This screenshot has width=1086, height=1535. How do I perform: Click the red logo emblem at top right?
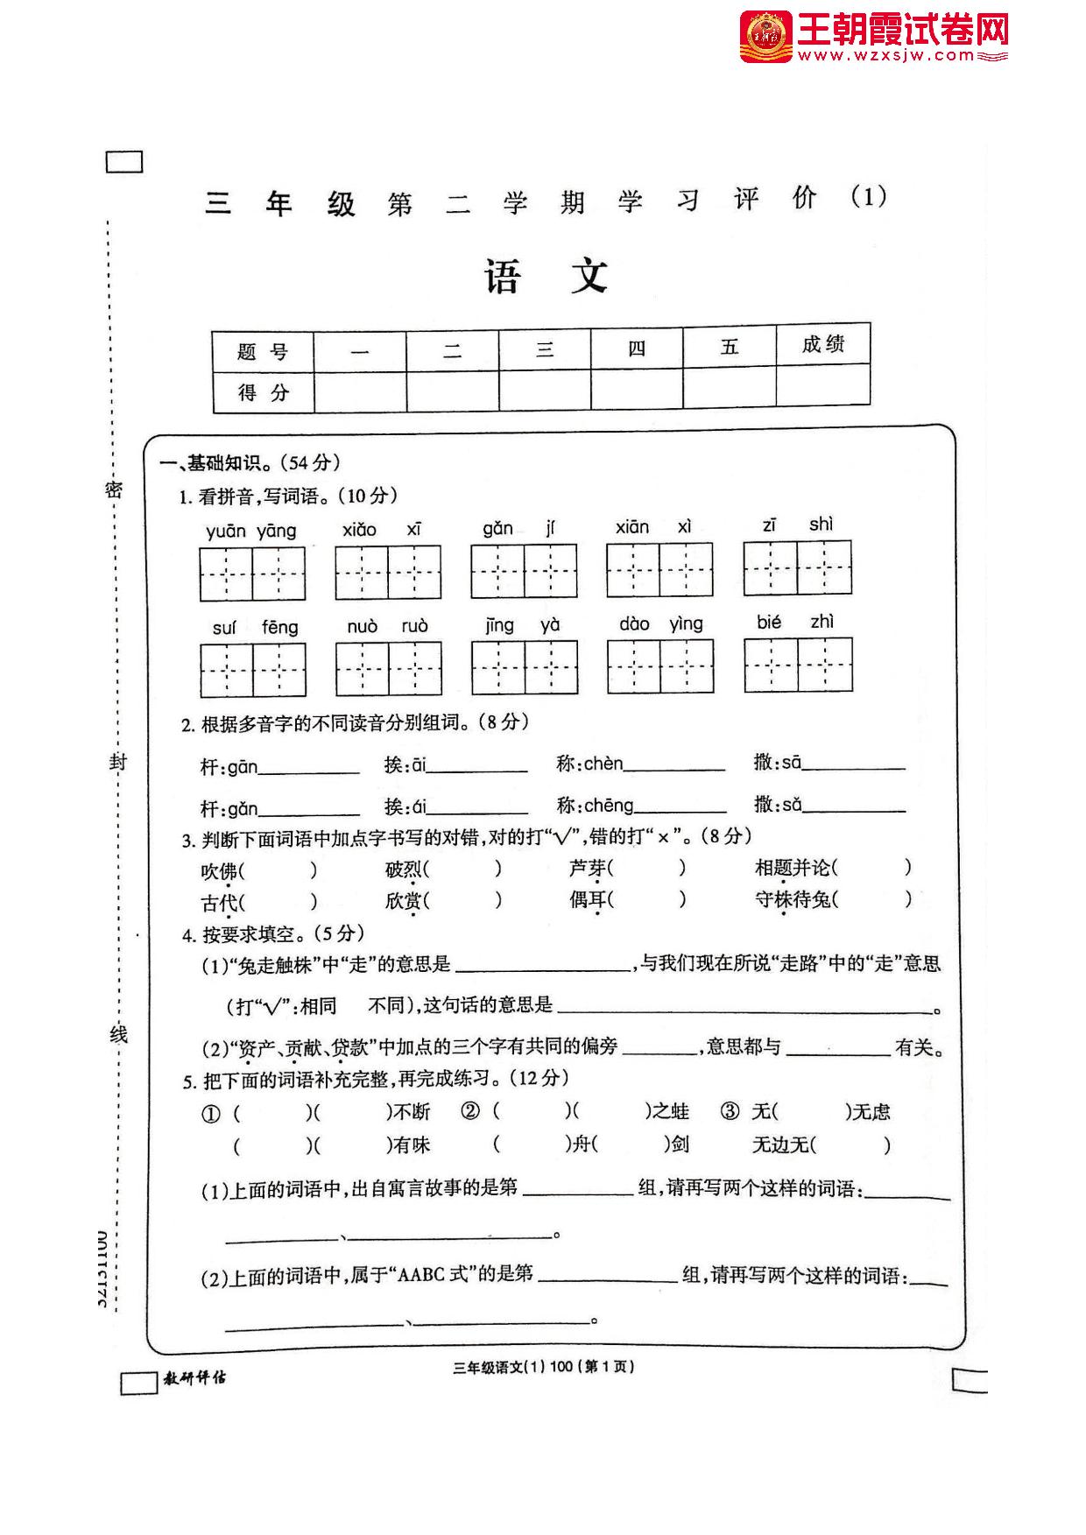pos(765,37)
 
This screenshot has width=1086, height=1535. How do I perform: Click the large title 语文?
pos(547,277)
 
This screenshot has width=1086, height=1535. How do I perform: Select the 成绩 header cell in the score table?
pos(822,345)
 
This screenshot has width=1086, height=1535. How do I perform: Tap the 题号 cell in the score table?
pos(263,352)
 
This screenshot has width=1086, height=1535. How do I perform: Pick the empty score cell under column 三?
pos(545,390)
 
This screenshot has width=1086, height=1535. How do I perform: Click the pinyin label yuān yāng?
pos(251,531)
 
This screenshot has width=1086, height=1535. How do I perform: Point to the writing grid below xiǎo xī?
pos(388,573)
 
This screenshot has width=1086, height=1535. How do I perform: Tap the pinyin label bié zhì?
pos(795,623)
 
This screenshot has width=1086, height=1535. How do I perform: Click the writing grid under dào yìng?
pos(660,666)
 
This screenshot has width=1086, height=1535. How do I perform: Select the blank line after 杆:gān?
pos(308,771)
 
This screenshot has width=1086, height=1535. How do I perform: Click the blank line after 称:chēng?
pos(681,809)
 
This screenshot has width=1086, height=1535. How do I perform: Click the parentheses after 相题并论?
pos(871,868)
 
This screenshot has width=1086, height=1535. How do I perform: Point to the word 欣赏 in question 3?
pos(403,900)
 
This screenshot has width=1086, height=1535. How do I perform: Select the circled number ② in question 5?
pos(470,1112)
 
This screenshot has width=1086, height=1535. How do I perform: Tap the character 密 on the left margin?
pos(115,489)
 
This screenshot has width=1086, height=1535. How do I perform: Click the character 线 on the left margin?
pos(118,1034)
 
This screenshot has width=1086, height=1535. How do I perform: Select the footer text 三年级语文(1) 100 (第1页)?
pos(543,1367)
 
